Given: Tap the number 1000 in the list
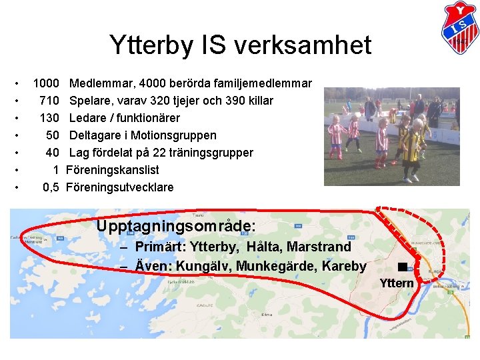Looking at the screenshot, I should pyautogui.click(x=45, y=84).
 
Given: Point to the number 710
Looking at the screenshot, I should pyautogui.click(x=49, y=101).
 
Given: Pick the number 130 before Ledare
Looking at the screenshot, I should pyautogui.click(x=49, y=119).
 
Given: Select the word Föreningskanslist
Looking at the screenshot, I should pyautogui.click(x=113, y=171).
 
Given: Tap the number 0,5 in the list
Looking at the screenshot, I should pyautogui.click(x=51, y=188).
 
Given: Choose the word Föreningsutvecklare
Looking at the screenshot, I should pyautogui.click(x=120, y=188).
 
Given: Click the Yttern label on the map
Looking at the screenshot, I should pyautogui.click(x=397, y=284).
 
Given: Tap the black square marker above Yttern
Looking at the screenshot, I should pyautogui.click(x=401, y=267).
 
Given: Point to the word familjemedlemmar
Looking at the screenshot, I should pyautogui.click(x=264, y=84).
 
